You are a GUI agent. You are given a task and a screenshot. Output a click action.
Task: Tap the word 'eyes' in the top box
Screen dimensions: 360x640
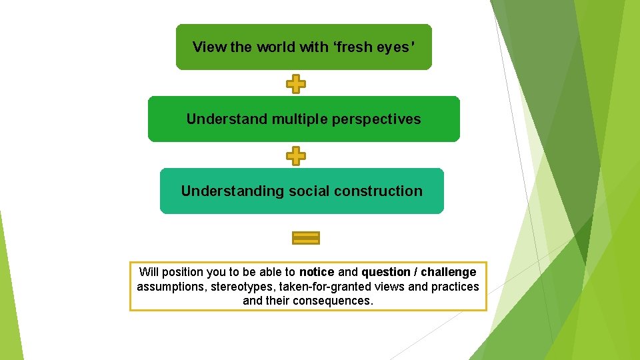[x=397, y=47]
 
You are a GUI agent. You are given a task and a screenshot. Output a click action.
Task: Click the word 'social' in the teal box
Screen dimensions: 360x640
[x=309, y=191]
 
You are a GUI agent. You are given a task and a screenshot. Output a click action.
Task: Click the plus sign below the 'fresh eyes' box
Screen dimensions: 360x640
[x=296, y=85]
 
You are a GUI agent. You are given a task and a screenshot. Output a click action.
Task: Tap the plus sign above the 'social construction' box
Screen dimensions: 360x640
[x=296, y=157]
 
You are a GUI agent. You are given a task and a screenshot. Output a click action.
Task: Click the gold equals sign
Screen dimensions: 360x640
[x=306, y=238]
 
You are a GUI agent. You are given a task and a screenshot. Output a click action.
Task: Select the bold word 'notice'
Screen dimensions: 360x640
[x=317, y=272]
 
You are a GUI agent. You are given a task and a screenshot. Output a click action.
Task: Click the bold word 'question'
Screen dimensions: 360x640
[x=386, y=272]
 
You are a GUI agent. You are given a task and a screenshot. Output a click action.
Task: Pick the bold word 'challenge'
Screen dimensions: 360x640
[x=449, y=272]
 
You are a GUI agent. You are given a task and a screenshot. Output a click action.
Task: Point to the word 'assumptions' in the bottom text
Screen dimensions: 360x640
[x=169, y=287]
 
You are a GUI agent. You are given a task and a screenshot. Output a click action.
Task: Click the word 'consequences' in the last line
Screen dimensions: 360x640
[x=339, y=301]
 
